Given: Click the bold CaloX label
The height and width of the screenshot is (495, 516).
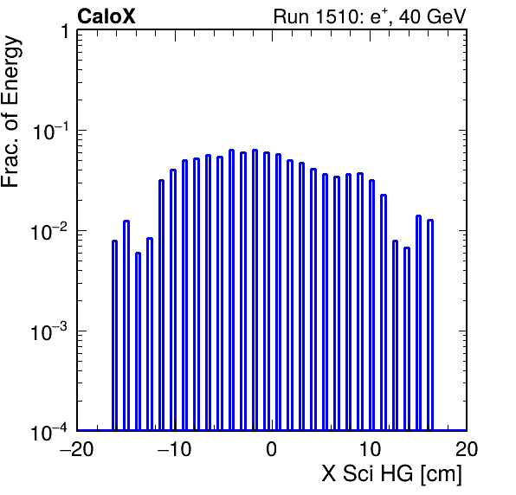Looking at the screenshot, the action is [106, 16].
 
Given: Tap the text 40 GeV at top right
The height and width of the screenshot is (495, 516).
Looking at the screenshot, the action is [432, 16].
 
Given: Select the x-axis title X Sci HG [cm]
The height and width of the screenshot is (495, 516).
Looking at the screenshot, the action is [391, 474].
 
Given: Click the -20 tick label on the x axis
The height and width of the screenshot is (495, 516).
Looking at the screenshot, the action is [77, 448].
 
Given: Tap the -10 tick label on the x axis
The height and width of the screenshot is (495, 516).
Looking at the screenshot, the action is [174, 448].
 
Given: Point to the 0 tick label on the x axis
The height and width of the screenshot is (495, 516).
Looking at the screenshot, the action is [272, 449].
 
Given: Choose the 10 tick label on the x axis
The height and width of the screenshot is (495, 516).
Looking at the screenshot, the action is [369, 448].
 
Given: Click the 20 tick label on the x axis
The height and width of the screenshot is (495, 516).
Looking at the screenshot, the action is [467, 448].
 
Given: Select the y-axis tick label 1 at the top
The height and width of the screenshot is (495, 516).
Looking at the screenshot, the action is [66, 32].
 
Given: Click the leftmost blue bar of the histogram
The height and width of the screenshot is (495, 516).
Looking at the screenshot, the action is [114, 335].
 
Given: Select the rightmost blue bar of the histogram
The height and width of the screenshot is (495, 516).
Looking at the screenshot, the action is [430, 325].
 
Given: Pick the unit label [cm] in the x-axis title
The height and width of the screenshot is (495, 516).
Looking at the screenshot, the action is [442, 474].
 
